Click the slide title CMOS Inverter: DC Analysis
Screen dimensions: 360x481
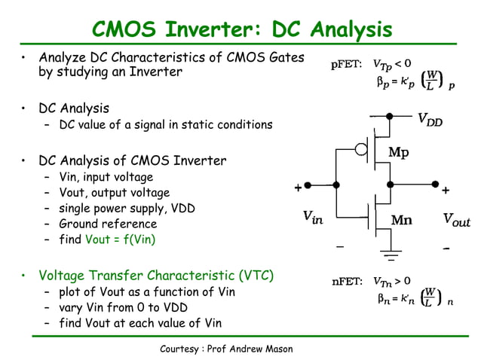[x=241, y=29]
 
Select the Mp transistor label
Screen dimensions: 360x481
[x=399, y=152]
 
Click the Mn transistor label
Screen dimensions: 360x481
[x=401, y=220]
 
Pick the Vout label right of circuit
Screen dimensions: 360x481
[x=456, y=220]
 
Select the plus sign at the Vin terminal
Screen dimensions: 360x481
[x=298, y=187]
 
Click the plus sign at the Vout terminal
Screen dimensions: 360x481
[x=445, y=190]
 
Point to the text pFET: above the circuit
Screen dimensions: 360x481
[x=348, y=65]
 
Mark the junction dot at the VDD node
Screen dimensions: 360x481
[x=390, y=116]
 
